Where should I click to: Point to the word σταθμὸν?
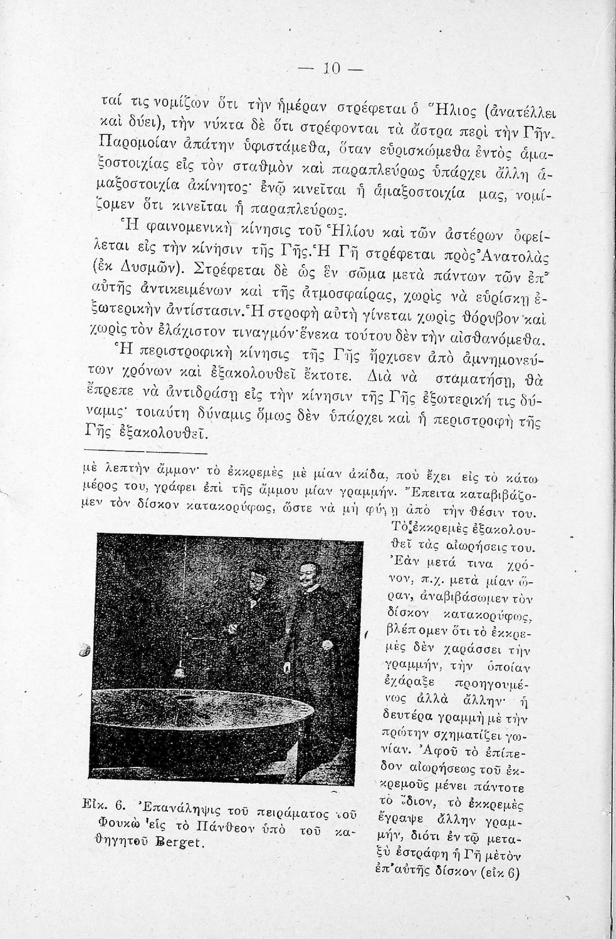point(267,167)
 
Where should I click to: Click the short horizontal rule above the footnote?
point(145,451)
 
